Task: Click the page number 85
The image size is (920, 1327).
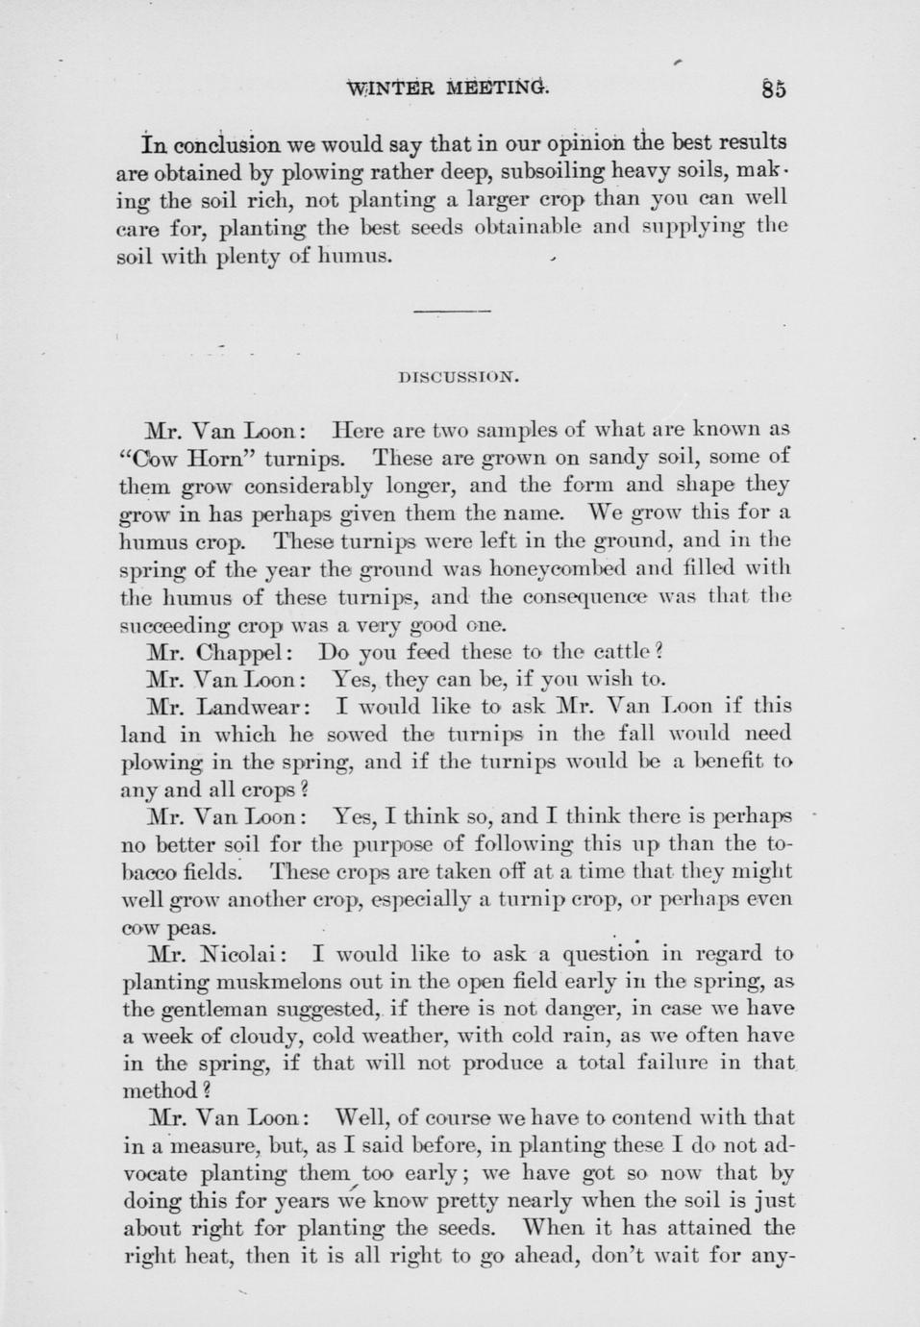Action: pos(773,89)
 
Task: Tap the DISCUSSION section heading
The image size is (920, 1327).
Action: pos(459,378)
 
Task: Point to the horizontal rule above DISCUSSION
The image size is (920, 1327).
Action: pos(452,312)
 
